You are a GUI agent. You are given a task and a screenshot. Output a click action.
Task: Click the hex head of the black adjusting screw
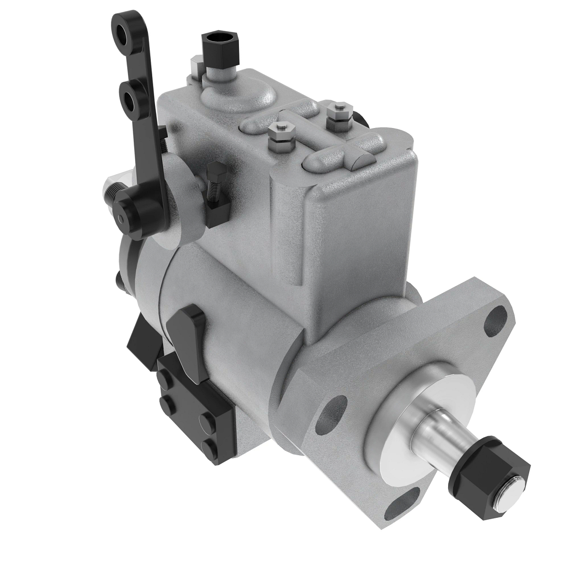(x=214, y=169)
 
